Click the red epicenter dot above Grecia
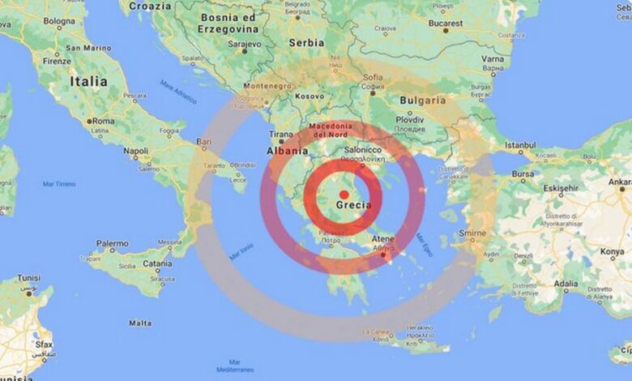pos(344,194)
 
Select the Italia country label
pos(88,81)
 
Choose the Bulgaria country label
pos(422,101)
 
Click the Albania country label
pos(288,151)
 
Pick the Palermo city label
pos(112,242)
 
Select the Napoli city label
pos(135,151)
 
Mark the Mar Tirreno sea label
pos(58,184)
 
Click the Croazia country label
pos(150,6)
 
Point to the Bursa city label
pos(523,173)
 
